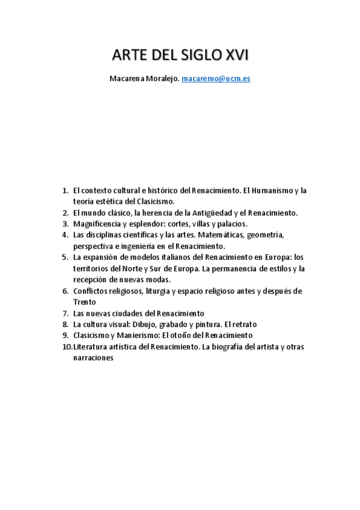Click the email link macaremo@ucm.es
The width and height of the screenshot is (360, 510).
(216, 79)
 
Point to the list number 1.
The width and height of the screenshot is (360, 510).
(65, 191)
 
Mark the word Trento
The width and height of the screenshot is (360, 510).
(85, 302)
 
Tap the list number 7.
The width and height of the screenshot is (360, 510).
(65, 313)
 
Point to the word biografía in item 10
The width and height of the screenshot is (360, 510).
(233, 346)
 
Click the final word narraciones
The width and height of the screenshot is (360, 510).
(93, 357)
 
